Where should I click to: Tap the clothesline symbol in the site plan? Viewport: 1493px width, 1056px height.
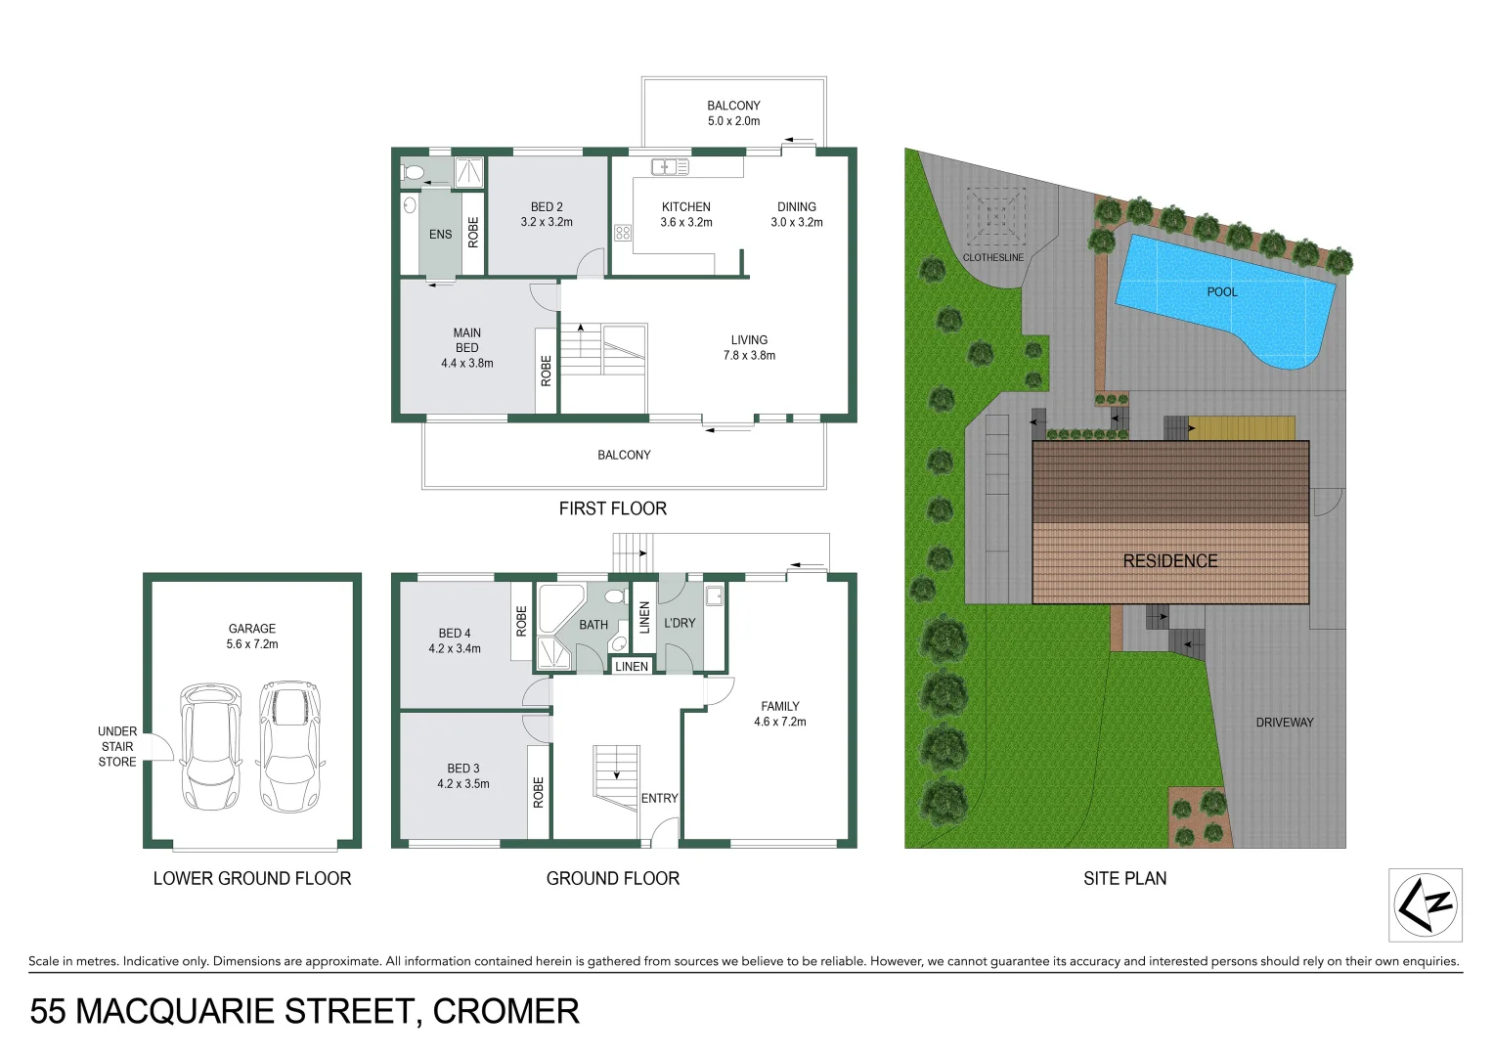pyautogui.click(x=995, y=216)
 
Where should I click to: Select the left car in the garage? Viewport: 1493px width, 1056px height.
pyautogui.click(x=210, y=745)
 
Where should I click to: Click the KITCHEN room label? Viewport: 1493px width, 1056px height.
pyautogui.click(x=685, y=206)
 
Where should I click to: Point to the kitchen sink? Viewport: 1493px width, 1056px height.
pyautogui.click(x=670, y=167)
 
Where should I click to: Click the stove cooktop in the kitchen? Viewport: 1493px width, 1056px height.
pyautogui.click(x=623, y=233)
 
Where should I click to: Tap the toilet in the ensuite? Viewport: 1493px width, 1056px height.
pyautogui.click(x=414, y=173)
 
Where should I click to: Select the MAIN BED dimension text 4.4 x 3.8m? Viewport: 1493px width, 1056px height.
pyautogui.click(x=466, y=363)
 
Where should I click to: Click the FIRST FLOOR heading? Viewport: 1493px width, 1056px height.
pyautogui.click(x=612, y=508)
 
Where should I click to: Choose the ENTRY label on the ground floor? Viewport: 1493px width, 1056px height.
pyautogui.click(x=659, y=799)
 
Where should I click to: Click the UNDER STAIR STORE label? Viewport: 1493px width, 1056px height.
pyautogui.click(x=117, y=746)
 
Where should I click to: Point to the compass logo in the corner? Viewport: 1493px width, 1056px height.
pyautogui.click(x=1425, y=903)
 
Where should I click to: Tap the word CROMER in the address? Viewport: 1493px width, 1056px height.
pyautogui.click(x=505, y=1011)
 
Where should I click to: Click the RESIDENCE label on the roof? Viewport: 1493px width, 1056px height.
pyautogui.click(x=1169, y=561)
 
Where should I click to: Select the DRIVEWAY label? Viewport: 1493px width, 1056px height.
pyautogui.click(x=1284, y=723)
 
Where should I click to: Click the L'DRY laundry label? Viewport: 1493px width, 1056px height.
pyautogui.click(x=680, y=623)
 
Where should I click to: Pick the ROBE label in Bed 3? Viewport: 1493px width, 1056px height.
pyautogui.click(x=538, y=792)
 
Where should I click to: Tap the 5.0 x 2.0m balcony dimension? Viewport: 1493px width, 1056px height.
pyautogui.click(x=733, y=121)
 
